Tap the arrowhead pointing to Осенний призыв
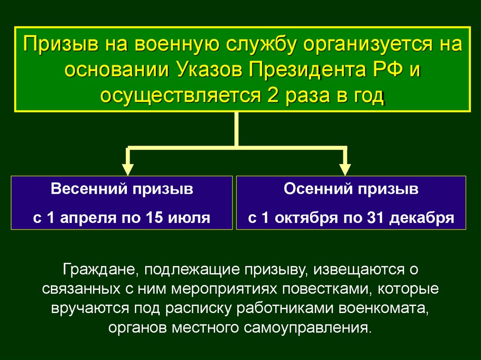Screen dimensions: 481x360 pos(345,169)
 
